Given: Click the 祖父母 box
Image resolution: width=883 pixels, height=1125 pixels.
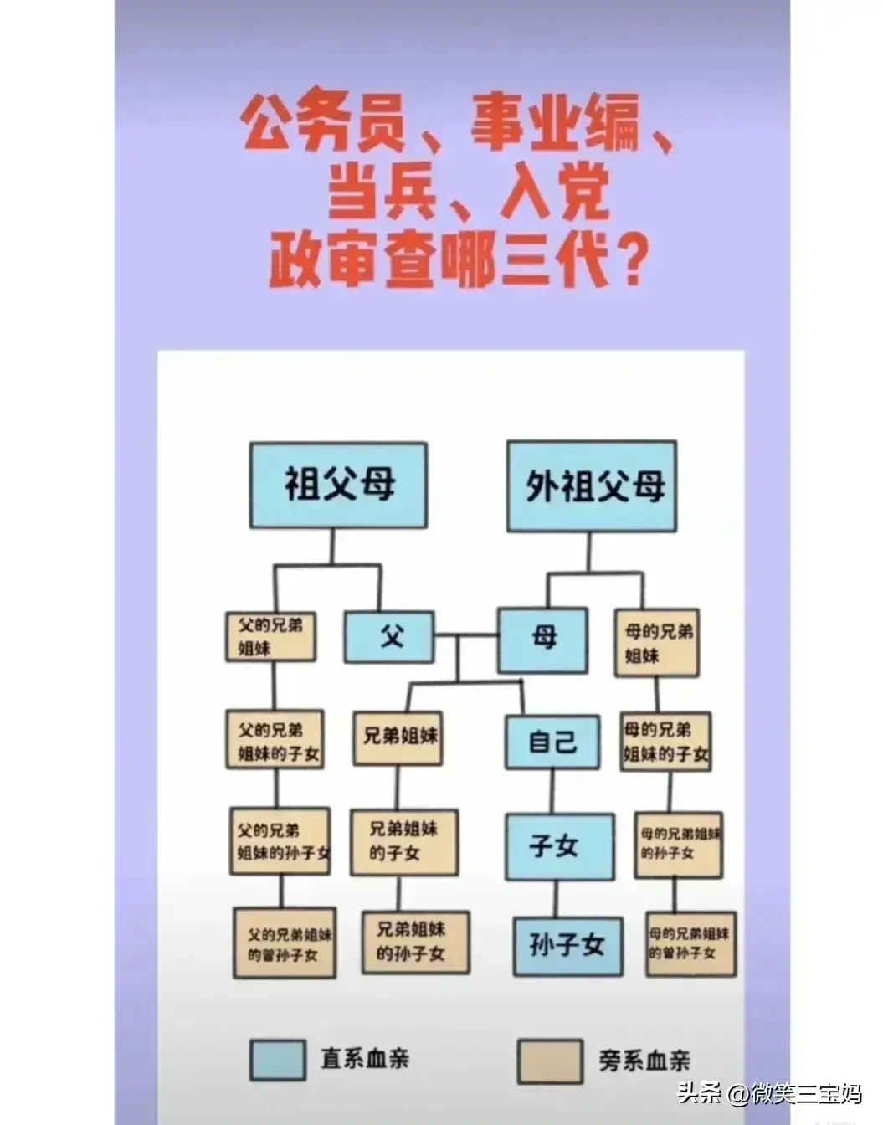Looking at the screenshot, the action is [338, 485].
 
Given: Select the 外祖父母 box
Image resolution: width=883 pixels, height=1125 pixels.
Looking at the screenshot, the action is [592, 486].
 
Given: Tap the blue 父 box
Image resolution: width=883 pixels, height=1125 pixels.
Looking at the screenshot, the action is [389, 637].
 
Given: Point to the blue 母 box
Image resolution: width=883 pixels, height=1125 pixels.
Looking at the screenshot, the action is [543, 640].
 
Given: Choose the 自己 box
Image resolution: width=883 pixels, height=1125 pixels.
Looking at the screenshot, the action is [552, 742].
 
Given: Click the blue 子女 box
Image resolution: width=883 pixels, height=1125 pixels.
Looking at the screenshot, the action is [561, 847].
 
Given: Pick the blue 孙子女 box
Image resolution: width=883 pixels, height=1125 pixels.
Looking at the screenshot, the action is [568, 947].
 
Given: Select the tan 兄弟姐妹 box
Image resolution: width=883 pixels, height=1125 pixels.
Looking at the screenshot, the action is [398, 738].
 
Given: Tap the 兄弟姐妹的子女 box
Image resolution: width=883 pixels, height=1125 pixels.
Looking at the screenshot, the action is [404, 842].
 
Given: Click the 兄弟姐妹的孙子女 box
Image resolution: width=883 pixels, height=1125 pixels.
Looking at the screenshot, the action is [416, 943].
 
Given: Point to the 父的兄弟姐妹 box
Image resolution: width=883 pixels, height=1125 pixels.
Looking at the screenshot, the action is [270, 637].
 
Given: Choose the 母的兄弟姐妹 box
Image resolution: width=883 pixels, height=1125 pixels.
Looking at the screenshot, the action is [657, 643].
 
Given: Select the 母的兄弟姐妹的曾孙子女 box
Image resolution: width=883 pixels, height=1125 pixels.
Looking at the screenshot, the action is [691, 944].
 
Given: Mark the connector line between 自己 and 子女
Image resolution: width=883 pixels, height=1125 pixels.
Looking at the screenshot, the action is [552, 791].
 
